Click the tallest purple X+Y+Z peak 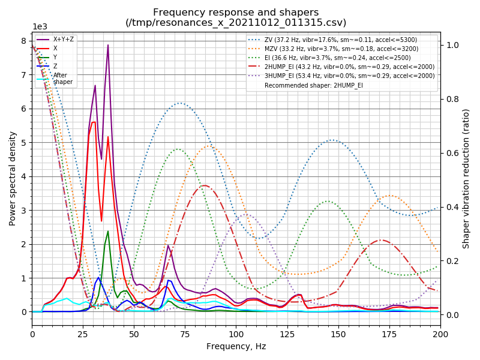108,45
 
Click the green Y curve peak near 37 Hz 108,231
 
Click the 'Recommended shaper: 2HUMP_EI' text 314,86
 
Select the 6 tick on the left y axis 23,109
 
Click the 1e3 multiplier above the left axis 40,27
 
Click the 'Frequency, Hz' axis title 236,346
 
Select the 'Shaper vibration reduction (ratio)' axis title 466,179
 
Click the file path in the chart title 236,23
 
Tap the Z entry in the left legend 56,66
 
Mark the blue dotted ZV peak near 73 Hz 180,103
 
